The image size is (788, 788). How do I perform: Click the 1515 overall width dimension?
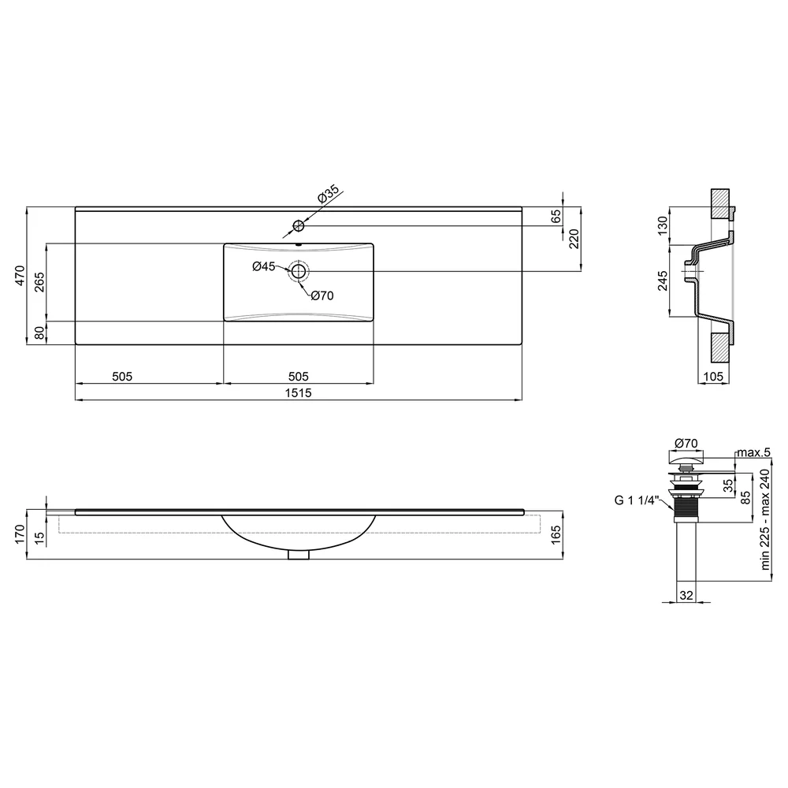click(x=299, y=392)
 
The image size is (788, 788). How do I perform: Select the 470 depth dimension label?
click(x=20, y=275)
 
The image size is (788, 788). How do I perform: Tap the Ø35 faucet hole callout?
click(x=329, y=194)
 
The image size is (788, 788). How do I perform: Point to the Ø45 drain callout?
click(x=264, y=266)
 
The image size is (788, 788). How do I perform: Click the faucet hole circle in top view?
click(x=299, y=225)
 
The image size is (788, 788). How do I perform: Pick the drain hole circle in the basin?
click(x=299, y=271)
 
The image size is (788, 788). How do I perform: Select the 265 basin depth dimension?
click(x=39, y=282)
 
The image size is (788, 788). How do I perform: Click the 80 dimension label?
click(x=39, y=333)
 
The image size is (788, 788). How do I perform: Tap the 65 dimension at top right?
click(x=556, y=216)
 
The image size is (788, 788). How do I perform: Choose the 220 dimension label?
click(x=574, y=239)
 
